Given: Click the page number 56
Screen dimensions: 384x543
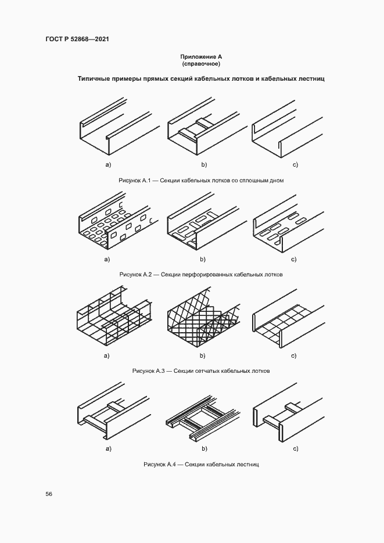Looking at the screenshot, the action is (49, 494).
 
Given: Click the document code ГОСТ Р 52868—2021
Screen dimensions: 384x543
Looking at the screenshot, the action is (77, 39).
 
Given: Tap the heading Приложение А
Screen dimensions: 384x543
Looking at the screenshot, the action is (201, 56).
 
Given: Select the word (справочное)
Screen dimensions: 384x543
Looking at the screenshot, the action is (201, 64).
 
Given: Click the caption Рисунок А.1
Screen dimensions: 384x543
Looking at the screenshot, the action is (201, 181).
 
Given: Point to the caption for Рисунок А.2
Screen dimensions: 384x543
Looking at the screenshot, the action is (201, 275).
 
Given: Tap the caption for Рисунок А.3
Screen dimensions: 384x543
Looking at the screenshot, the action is (201, 371).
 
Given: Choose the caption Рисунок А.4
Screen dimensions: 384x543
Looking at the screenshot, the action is (201, 464).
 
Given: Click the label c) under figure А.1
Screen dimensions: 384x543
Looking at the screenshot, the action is (295, 165).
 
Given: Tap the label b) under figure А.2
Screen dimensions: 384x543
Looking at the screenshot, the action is (203, 260).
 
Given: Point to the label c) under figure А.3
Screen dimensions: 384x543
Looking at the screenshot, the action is (293, 355).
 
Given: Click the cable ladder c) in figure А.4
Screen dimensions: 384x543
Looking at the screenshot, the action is (289, 413).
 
